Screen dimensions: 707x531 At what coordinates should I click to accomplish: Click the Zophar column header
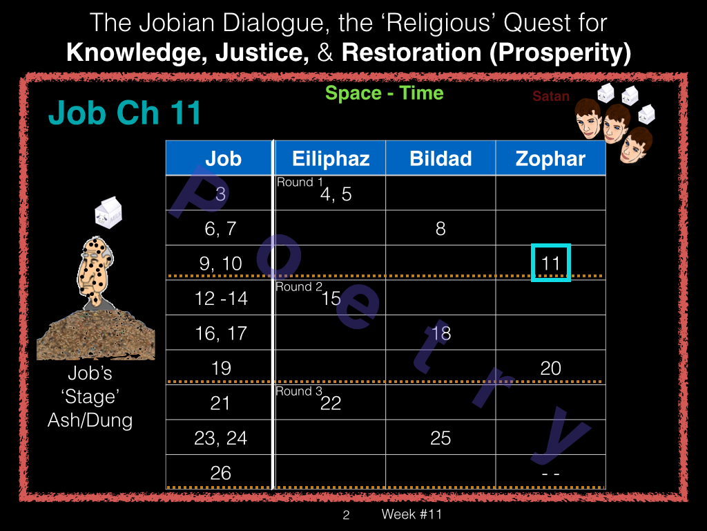[x=550, y=158]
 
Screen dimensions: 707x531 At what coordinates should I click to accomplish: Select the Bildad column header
[x=440, y=158]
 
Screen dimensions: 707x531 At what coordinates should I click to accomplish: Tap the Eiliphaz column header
[x=331, y=158]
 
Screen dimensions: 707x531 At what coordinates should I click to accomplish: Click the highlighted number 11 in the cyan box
[x=550, y=263]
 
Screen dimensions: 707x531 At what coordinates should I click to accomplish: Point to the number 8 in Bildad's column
[x=440, y=228]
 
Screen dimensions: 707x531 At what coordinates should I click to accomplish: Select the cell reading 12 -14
[x=221, y=299]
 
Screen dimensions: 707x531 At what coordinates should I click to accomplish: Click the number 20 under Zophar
[x=550, y=368]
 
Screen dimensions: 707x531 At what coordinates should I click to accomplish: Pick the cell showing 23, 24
[x=220, y=438]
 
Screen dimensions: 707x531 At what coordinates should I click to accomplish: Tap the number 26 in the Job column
[x=220, y=473]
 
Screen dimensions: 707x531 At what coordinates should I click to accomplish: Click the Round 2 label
[x=299, y=287]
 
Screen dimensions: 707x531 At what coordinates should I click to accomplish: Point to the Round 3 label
[x=299, y=391]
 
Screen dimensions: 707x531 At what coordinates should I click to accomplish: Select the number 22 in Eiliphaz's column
[x=331, y=403]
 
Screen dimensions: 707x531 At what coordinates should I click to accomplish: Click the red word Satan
[x=550, y=96]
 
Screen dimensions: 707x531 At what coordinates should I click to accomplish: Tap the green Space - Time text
[x=384, y=93]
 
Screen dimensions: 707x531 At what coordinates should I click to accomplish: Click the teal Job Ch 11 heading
[x=124, y=113]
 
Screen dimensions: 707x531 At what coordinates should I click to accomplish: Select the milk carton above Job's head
[x=108, y=212]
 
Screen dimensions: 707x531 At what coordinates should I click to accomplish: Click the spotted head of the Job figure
[x=94, y=270]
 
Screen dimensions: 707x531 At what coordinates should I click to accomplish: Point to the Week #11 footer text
[x=411, y=514]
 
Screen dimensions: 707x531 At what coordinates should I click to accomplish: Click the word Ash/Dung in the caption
[x=90, y=420]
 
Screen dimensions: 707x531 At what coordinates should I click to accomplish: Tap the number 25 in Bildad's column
[x=440, y=438]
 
